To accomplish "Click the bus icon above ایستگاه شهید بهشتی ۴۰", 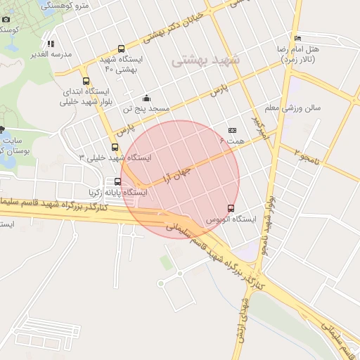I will pyautogui.click(x=122, y=49).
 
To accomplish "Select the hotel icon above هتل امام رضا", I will pyautogui.click(x=298, y=38).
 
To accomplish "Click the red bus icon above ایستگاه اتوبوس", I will pyautogui.click(x=231, y=208).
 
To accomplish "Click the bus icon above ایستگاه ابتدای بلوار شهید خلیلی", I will pyautogui.click(x=86, y=81).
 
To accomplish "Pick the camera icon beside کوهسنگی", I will pyautogui.click(x=6, y=20).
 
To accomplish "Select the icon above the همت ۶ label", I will pyautogui.click(x=233, y=130).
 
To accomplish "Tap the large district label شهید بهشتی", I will pyautogui.click(x=206, y=61).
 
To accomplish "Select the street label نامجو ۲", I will pyautogui.click(x=307, y=157).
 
